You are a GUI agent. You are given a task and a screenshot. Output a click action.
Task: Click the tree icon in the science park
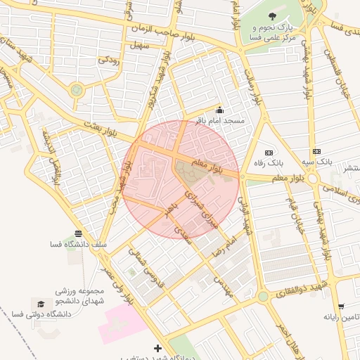pos(272,16)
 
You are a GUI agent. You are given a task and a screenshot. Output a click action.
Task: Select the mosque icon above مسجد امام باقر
pos(219,110)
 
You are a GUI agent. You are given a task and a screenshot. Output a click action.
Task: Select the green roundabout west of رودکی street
pos(76,90)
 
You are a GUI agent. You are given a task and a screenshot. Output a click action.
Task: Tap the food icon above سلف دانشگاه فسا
pos(77,233)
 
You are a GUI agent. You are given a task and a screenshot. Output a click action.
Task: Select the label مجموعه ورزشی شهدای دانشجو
pos(81,296)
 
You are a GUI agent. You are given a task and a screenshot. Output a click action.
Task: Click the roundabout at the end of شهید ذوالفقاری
pos(262,297)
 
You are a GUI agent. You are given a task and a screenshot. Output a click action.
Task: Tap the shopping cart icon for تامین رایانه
pos(341,306)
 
